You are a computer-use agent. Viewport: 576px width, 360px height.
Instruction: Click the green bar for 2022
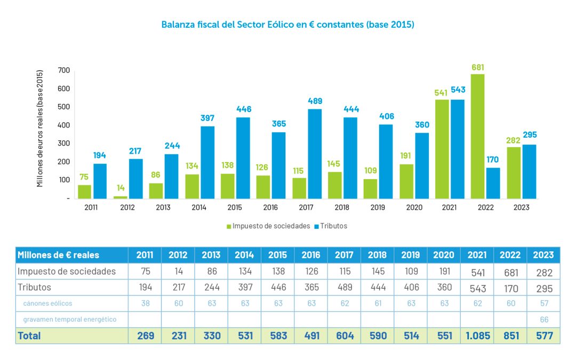click(478, 136)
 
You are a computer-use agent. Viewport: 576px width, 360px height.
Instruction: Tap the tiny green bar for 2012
click(121, 197)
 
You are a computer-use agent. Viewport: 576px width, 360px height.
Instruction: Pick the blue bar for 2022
click(493, 183)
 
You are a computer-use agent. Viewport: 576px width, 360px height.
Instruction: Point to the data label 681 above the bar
click(478, 68)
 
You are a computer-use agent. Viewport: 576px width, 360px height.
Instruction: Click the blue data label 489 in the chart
click(315, 101)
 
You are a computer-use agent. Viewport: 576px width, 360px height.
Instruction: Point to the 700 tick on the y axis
click(64, 70)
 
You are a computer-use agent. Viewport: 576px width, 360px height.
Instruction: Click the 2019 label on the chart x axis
click(377, 207)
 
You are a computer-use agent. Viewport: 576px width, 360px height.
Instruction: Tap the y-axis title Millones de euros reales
click(40, 129)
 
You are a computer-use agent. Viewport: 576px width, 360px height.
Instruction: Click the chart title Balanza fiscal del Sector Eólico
click(288, 25)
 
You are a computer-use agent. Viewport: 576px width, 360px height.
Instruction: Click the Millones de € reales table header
click(59, 255)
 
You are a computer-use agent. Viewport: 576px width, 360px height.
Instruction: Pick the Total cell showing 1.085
click(477, 336)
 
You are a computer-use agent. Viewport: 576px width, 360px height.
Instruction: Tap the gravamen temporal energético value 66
click(543, 319)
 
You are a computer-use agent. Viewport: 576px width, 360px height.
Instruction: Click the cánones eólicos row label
click(47, 303)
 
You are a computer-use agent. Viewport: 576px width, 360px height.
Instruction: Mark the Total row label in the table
click(29, 336)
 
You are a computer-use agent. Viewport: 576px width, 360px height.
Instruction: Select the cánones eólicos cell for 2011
click(145, 303)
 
